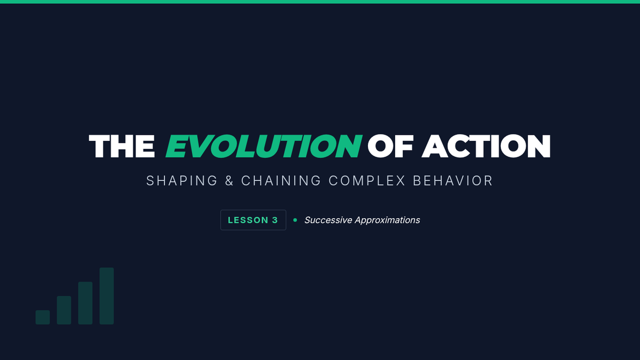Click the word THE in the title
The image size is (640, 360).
122,146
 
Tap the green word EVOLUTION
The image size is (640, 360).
264,146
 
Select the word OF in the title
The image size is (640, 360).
390,146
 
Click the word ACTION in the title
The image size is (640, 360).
486,146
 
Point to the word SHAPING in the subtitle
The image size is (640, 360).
182,181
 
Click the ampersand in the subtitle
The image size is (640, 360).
229,181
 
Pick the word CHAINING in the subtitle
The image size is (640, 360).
281,181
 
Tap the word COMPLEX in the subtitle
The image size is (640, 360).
367,181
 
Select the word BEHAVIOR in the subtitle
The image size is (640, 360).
453,181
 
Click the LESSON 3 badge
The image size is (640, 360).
253,220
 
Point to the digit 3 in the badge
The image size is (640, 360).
275,220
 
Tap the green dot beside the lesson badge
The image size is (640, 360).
295,220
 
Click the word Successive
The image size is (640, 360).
328,220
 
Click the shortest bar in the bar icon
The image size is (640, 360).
43,317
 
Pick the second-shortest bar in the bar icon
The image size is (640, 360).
64,310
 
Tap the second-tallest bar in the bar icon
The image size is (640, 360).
85,303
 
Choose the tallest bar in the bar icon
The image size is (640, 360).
107,296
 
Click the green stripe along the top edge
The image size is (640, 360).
320,2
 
